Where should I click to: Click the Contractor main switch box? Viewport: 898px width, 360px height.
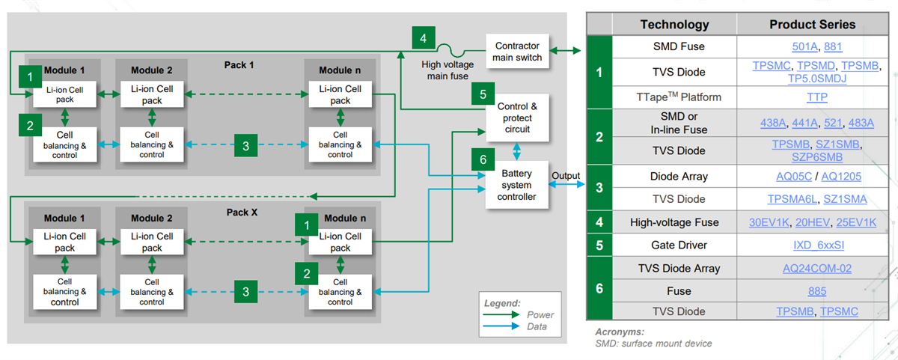[x=518, y=52]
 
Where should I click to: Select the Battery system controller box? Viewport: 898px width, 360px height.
[x=517, y=185]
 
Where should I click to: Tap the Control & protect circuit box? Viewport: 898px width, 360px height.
[x=517, y=118]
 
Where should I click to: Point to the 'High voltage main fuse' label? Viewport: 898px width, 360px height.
[x=447, y=70]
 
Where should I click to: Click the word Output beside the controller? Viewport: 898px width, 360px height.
[x=566, y=176]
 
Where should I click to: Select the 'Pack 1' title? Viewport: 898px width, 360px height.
[x=239, y=65]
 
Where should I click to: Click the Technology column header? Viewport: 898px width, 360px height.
[x=674, y=25]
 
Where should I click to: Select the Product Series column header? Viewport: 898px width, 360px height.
[x=812, y=25]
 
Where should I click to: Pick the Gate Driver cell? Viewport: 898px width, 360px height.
[x=674, y=245]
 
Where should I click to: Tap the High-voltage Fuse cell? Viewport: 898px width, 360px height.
[x=674, y=222]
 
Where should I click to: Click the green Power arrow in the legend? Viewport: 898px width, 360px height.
[x=501, y=315]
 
